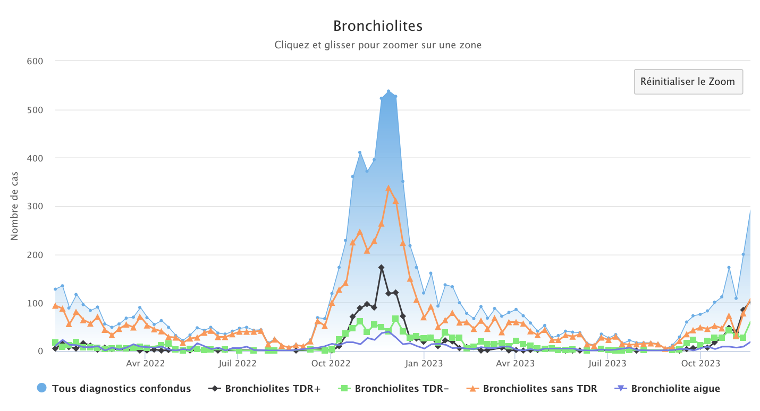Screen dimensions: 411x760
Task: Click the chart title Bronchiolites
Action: (x=378, y=25)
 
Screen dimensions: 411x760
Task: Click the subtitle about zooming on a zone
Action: (x=378, y=45)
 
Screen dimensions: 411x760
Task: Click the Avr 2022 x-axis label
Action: (x=145, y=364)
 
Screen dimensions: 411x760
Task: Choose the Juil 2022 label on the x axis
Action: (x=238, y=364)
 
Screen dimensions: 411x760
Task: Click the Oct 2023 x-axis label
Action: (x=700, y=364)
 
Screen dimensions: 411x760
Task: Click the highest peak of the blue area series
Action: (x=389, y=91)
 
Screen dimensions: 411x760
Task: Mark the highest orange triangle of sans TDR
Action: (x=389, y=188)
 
